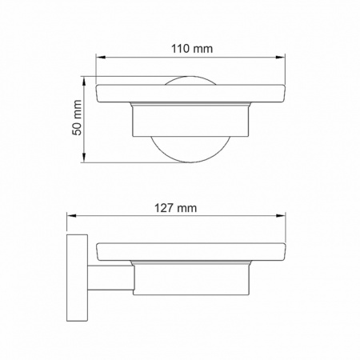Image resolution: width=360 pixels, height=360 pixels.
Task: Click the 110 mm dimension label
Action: point(192,49)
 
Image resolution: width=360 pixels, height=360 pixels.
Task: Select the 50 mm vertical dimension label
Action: point(77,118)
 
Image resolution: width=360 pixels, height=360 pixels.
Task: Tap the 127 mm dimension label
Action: point(176,208)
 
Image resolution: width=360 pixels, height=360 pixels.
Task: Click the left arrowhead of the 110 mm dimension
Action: point(101,57)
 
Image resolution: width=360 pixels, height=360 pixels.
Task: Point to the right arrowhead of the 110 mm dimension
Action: point(281,57)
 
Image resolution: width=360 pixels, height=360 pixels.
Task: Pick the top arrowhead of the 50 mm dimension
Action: point(84,81)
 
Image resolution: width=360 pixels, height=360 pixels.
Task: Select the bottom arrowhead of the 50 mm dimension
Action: point(84,158)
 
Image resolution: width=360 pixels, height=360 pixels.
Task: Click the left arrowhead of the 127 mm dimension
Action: point(71,216)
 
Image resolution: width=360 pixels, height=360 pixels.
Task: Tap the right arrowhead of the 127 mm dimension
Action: point(281,216)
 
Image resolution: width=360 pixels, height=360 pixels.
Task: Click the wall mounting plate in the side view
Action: point(77,278)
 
